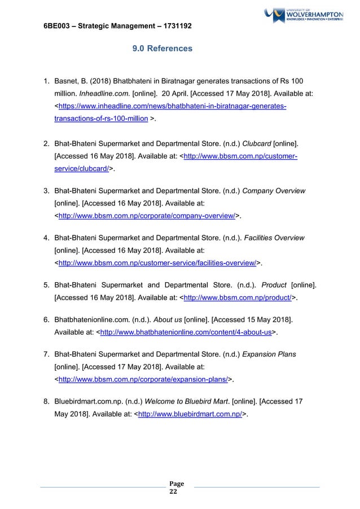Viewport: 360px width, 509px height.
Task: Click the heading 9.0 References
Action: click(162, 49)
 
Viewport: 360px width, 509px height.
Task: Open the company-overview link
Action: click(146, 215)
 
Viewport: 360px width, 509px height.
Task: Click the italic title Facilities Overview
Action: click(274, 237)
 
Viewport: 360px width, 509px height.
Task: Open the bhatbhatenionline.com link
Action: click(185, 333)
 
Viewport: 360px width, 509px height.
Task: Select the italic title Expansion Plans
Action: click(269, 354)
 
